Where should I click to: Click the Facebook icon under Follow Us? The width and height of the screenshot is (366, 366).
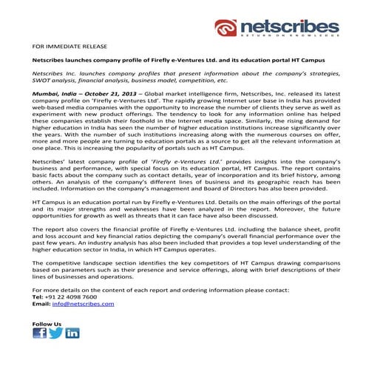(40, 333)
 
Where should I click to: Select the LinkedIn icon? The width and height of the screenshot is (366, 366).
(72, 333)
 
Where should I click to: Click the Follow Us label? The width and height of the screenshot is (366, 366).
(47, 324)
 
